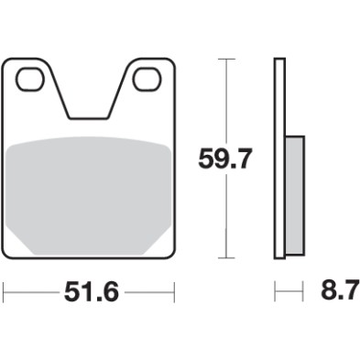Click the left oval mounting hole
click(30, 80)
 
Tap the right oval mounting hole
click(145, 80)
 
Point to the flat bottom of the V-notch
click(88, 117)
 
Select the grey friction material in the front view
click(88, 192)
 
